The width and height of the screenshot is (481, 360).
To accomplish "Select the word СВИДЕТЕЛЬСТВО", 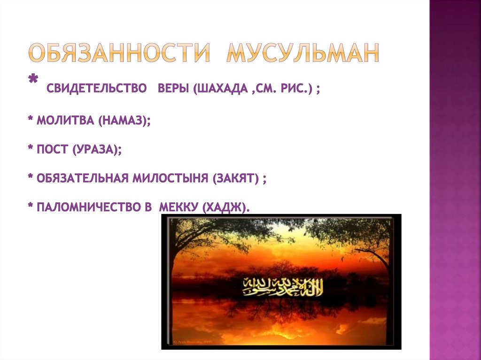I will tap(96, 89).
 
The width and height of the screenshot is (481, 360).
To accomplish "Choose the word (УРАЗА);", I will tap(97, 150).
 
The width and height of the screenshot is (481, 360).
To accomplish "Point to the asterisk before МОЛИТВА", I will tap(30, 120).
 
